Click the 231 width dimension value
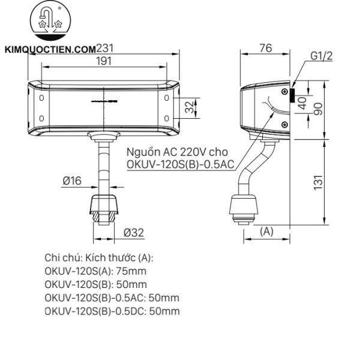(105, 49)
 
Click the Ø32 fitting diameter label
(133, 232)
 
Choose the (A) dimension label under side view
(268, 230)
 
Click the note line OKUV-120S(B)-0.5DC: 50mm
(112, 311)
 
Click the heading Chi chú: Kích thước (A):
(99, 257)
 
